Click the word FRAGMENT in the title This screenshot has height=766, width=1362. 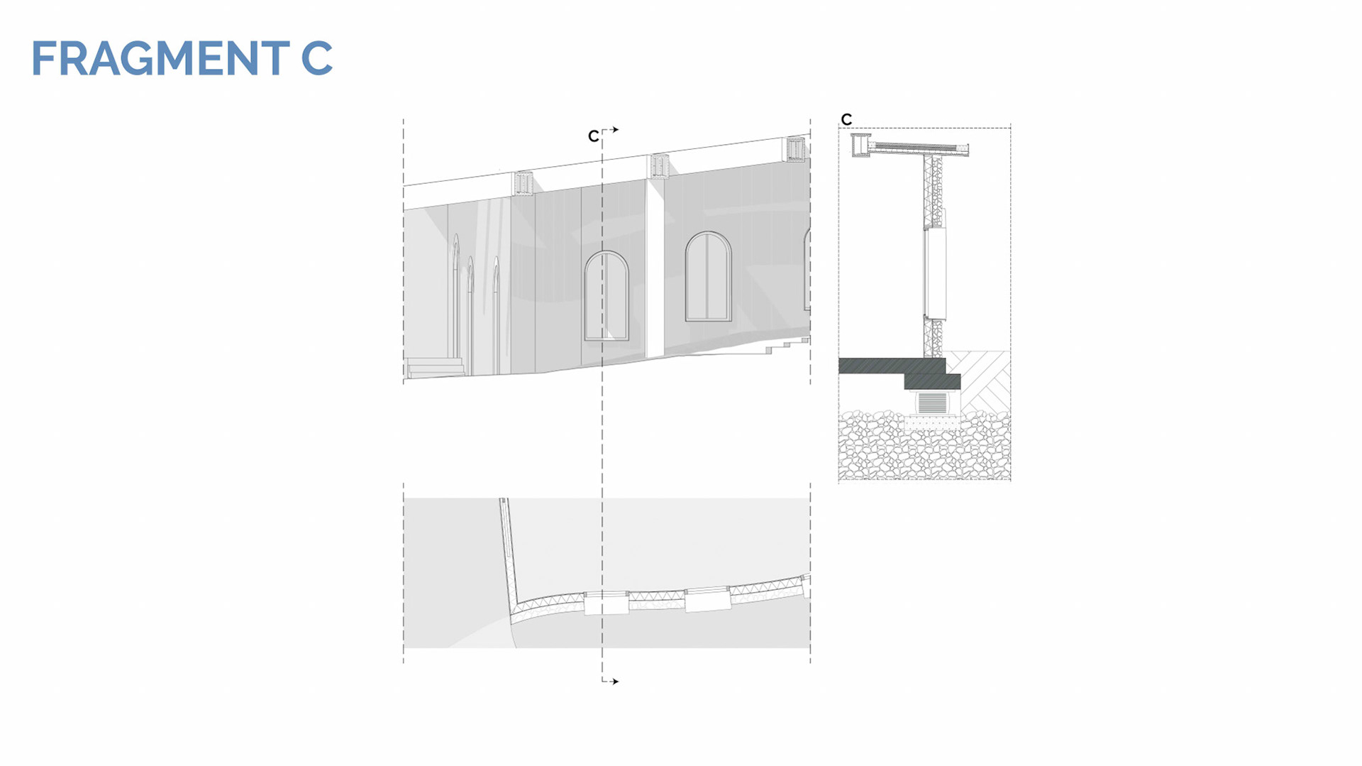pos(160,58)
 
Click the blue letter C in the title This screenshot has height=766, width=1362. pos(316,58)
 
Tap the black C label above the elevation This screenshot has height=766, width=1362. pos(594,136)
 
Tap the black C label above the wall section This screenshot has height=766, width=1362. pos(846,119)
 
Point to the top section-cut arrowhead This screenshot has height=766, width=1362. pos(616,130)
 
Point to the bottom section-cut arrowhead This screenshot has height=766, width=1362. pos(616,682)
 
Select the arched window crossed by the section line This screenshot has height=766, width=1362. pos(607,296)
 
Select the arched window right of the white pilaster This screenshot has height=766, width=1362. pos(708,277)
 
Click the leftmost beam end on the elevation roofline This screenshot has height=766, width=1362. pos(524,182)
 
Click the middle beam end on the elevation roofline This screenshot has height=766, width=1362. pos(660,165)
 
